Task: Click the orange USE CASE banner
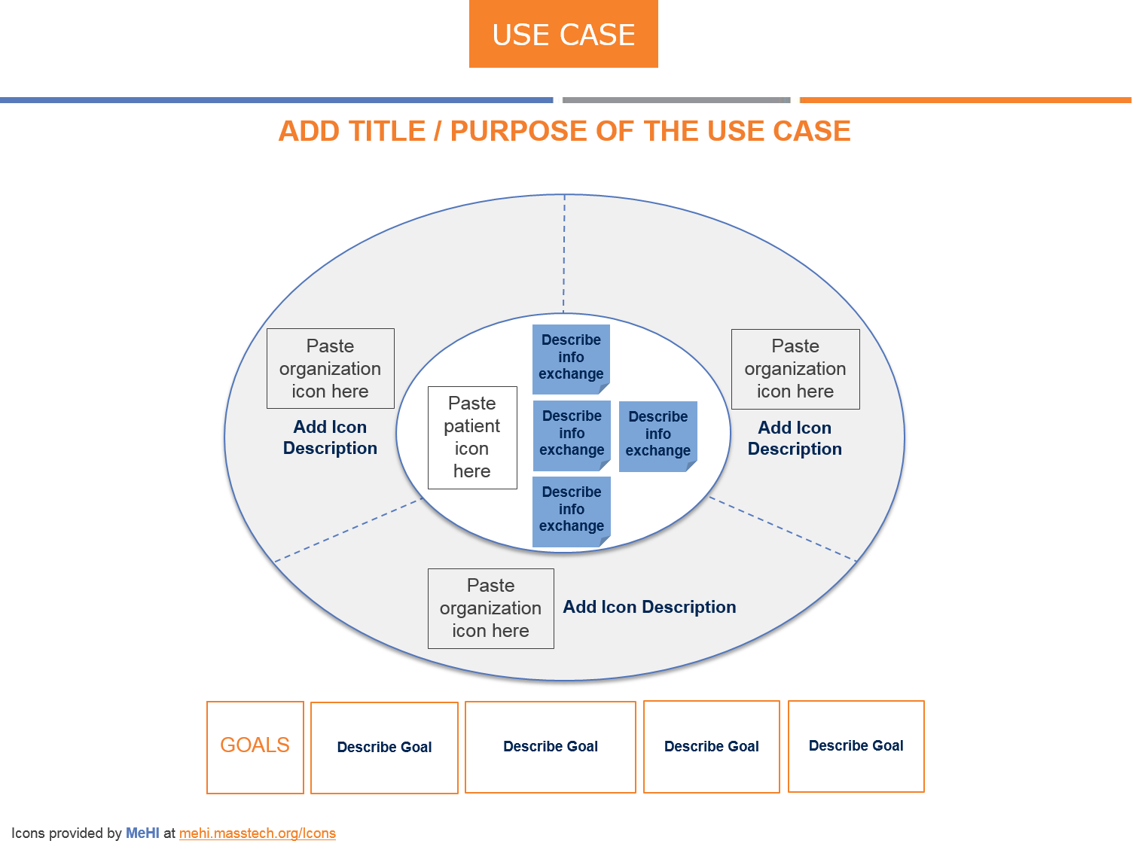coord(563,34)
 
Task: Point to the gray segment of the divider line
coord(676,100)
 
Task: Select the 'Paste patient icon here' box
coord(472,437)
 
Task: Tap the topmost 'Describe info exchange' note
coord(571,358)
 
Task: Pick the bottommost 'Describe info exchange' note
coord(571,510)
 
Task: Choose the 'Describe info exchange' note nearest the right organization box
coord(658,435)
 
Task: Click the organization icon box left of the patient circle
coord(330,368)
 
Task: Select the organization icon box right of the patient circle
coord(795,369)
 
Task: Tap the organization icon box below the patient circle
coord(490,608)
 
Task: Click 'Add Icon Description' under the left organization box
coord(330,437)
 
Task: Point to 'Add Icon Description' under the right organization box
coord(795,438)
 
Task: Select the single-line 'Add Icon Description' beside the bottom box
coord(649,607)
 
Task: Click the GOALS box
coord(255,747)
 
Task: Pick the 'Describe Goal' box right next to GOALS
coord(384,748)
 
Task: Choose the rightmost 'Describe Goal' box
coord(856,746)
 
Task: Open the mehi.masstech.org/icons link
coord(258,833)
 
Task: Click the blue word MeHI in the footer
coord(142,833)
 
